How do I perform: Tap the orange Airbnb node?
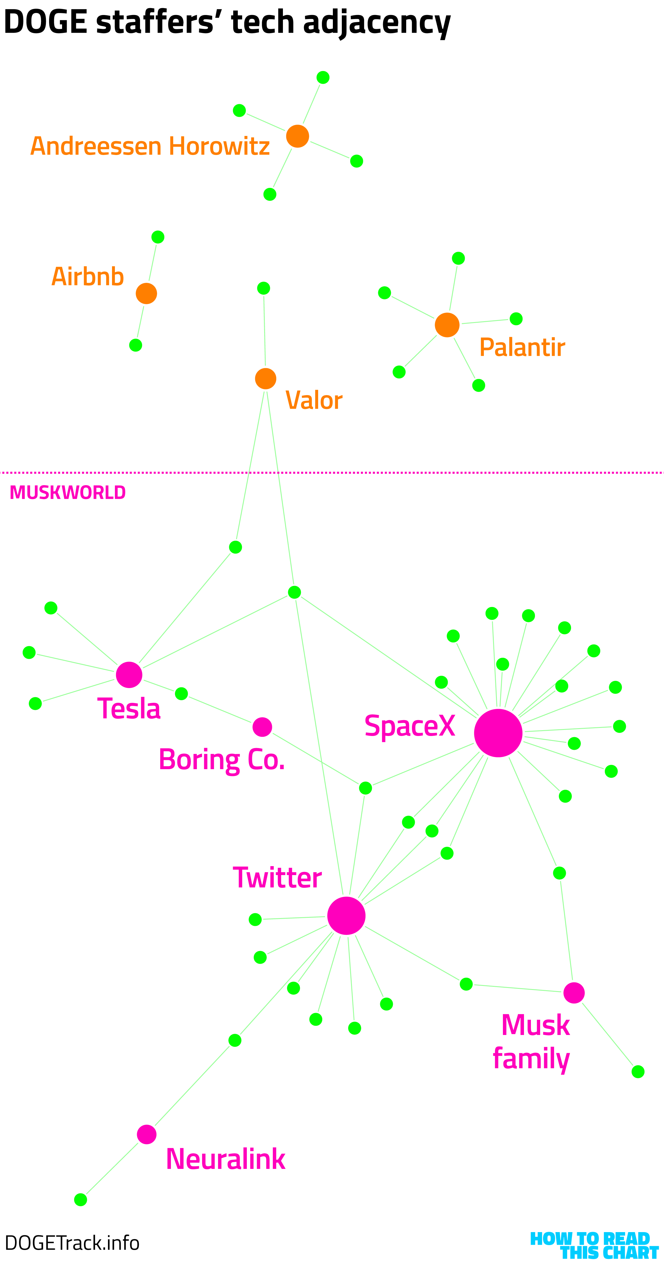pos(146,294)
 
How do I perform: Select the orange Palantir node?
pos(447,325)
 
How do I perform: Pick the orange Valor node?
pos(266,379)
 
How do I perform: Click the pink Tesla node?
pos(129,675)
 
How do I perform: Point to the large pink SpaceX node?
pos(498,733)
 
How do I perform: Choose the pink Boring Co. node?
pos(262,727)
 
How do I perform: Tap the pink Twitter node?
pos(346,915)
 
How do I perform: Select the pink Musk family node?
pos(574,993)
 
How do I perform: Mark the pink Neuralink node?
pos(146,1134)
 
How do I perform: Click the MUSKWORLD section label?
pos(68,493)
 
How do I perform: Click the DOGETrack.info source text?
pos(72,1243)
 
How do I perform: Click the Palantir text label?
pos(522,347)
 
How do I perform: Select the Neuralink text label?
pos(225,1159)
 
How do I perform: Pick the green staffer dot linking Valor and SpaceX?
pos(294,592)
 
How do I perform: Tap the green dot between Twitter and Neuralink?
pos(235,1040)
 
